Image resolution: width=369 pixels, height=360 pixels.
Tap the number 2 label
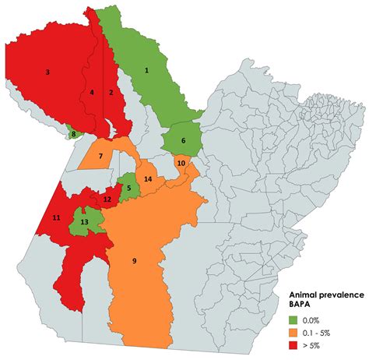[x=111, y=92]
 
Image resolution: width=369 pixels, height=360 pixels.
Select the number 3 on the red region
[x=47, y=72]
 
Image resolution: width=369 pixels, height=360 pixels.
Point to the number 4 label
[x=92, y=93]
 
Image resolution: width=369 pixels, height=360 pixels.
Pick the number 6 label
[x=183, y=141]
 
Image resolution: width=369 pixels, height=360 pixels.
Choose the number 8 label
[x=74, y=134]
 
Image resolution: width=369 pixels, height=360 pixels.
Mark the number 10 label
[x=181, y=162]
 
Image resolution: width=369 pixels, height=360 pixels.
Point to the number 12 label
[x=107, y=199]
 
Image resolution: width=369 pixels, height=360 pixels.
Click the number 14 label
[x=146, y=180]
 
